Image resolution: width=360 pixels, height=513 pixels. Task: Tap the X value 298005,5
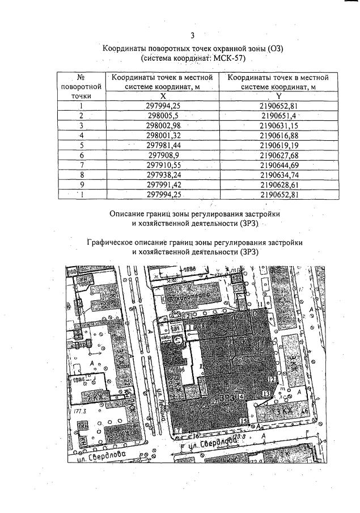163,116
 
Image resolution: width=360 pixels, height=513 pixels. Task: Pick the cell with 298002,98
163,125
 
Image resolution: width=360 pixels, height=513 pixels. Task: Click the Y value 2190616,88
278,135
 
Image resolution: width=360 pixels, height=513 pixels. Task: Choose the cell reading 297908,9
163,155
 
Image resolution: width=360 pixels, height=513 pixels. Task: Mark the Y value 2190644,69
278,165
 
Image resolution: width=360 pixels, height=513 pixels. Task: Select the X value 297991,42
163,184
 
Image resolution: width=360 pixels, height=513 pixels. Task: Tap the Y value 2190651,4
278,116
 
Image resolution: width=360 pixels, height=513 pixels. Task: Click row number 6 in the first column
82,155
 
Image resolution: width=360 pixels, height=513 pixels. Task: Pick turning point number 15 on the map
243,421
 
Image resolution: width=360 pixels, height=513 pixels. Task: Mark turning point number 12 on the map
272,379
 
